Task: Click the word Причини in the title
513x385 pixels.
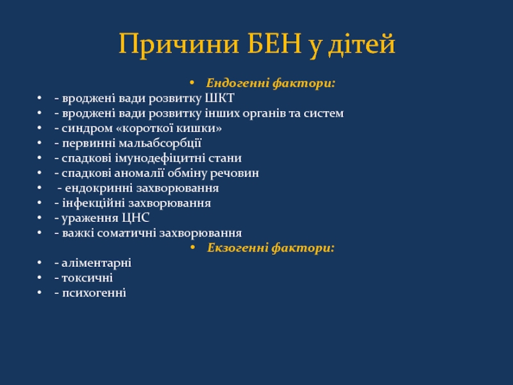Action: tap(179, 44)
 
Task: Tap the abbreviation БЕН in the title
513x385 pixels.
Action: tap(274, 44)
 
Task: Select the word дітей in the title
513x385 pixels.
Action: tap(362, 43)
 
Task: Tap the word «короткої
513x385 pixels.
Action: tap(145, 128)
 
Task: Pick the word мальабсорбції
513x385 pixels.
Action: tap(160, 143)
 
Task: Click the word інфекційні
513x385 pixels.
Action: tap(94, 203)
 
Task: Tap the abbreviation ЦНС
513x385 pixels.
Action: tap(136, 218)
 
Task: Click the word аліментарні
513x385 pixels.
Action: tap(97, 263)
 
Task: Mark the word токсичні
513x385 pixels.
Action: tap(87, 278)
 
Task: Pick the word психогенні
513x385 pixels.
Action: tap(94, 293)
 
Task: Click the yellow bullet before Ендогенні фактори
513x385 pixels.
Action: tap(192, 83)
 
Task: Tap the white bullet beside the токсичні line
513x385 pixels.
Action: tap(40, 278)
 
